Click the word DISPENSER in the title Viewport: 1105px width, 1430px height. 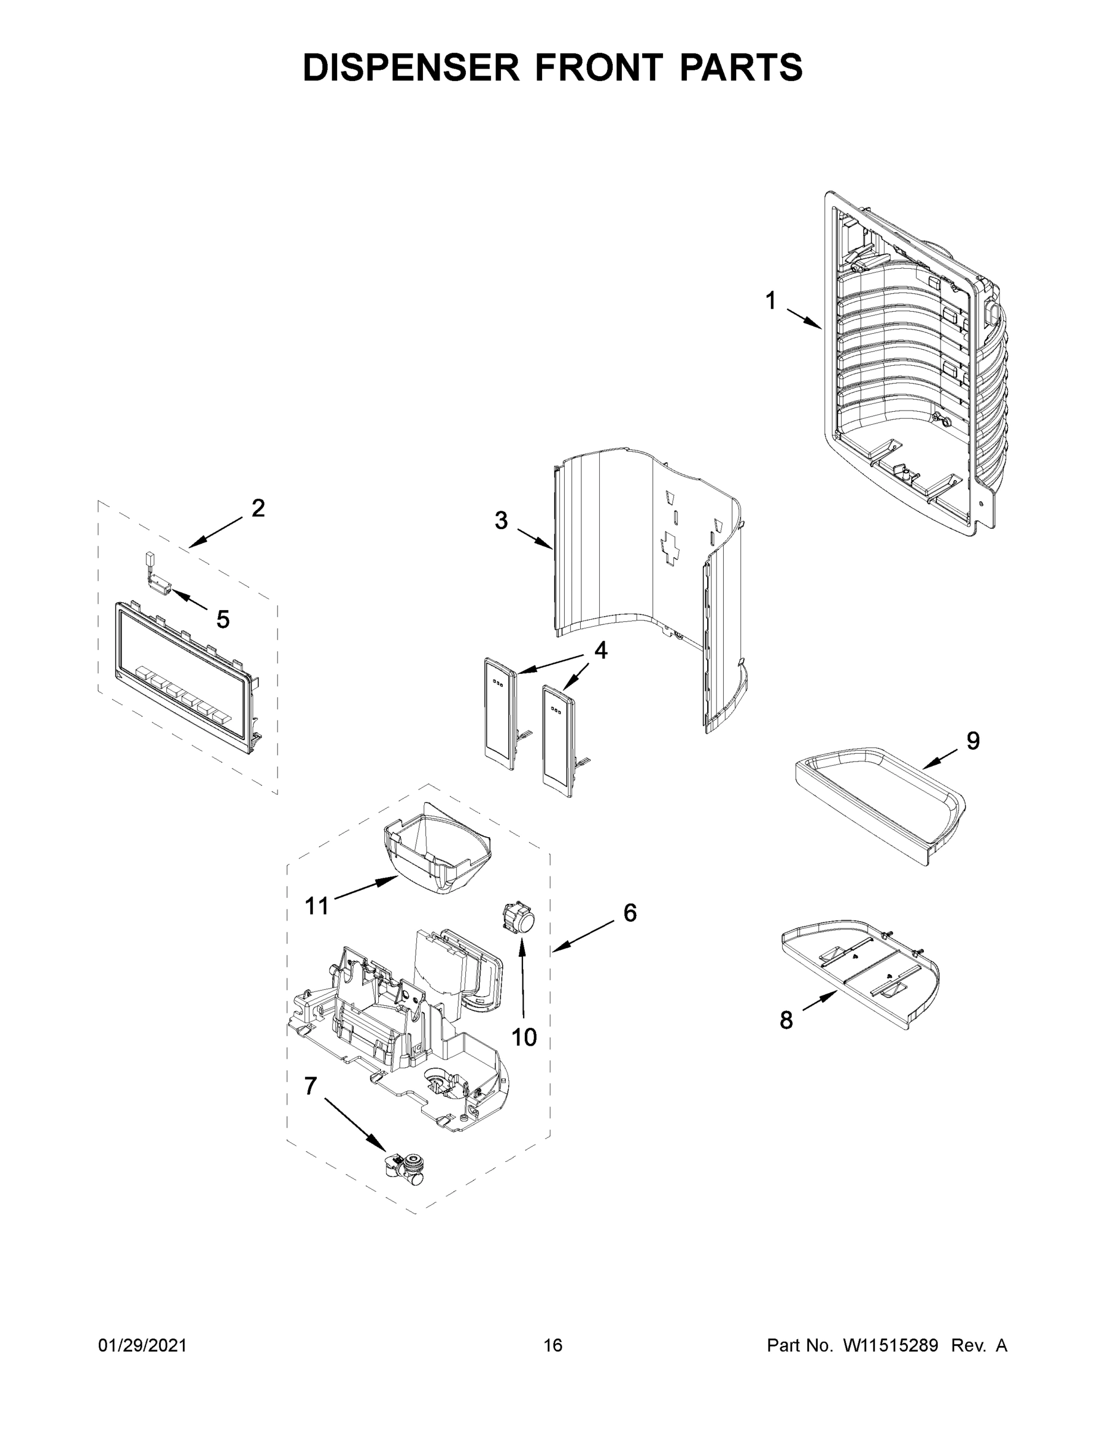[x=410, y=67]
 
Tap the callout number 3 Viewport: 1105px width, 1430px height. [x=501, y=521]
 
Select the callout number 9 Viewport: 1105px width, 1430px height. [x=973, y=741]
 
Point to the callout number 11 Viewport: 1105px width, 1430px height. [x=317, y=906]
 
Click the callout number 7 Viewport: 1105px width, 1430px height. [x=310, y=1086]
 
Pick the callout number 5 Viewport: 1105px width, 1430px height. [x=223, y=620]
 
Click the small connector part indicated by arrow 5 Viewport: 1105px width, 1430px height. [x=157, y=582]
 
